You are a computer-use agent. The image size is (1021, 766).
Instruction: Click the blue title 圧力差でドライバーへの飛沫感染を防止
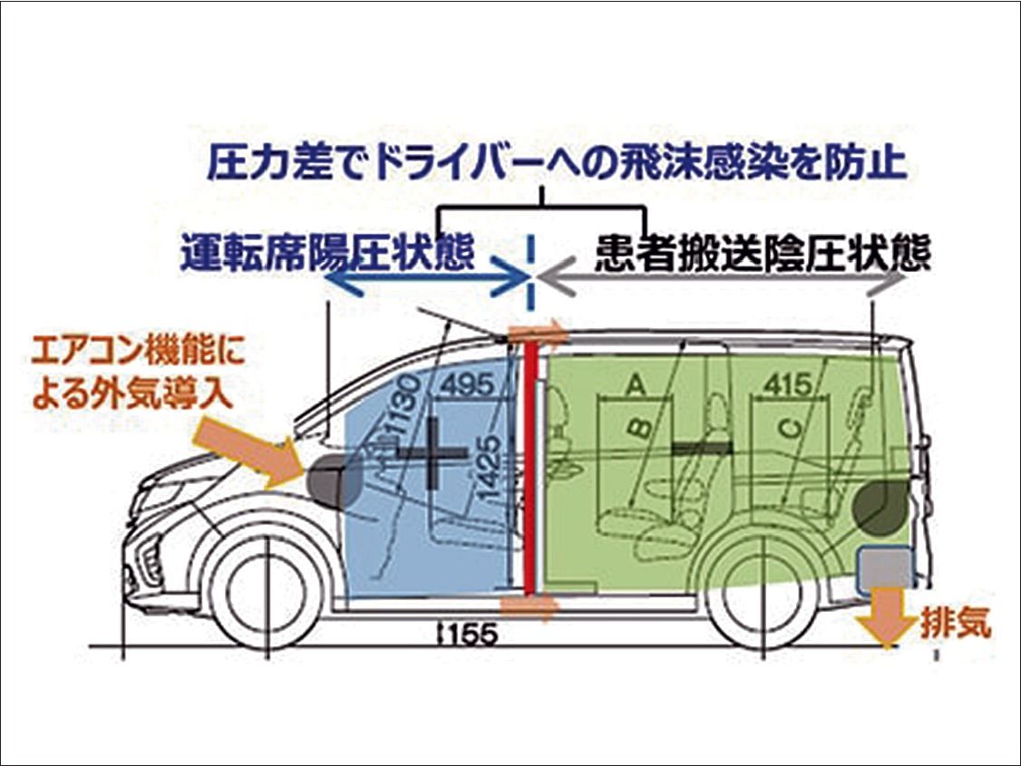click(x=557, y=164)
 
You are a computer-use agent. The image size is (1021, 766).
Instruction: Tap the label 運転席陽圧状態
click(x=326, y=251)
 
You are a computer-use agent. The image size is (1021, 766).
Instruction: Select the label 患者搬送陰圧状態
click(x=763, y=253)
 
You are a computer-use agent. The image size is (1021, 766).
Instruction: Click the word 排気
click(x=956, y=625)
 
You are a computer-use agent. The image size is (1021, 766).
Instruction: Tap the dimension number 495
click(x=470, y=384)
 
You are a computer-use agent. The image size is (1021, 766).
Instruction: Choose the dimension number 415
click(x=790, y=384)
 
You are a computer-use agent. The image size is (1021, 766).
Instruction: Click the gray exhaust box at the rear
click(x=884, y=568)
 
